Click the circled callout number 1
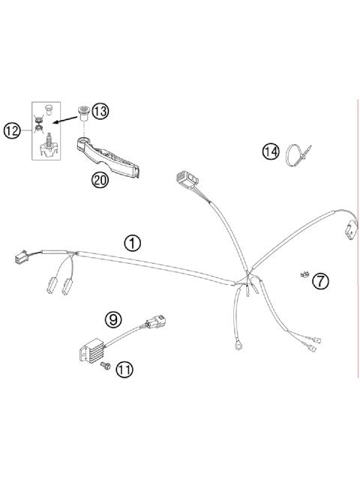coord(133,243)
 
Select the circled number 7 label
coord(320,281)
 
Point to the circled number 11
coord(123,369)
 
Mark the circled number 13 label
coord(100,111)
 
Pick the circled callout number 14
coord(270,151)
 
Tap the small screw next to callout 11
coord(106,365)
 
